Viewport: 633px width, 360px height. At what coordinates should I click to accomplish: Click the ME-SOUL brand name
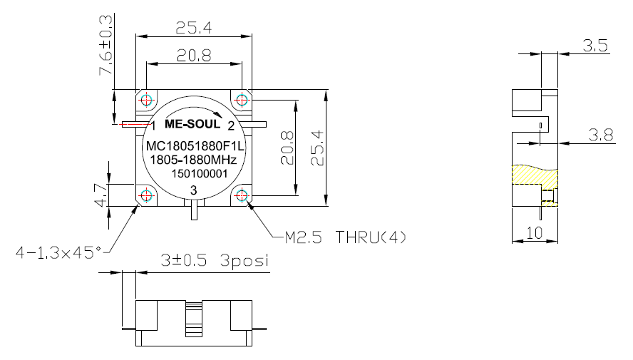pos(192,124)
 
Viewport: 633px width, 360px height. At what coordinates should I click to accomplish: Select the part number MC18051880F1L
pos(195,146)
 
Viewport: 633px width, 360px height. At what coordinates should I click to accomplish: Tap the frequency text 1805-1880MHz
pos(193,160)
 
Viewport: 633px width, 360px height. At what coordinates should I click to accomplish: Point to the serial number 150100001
pos(200,173)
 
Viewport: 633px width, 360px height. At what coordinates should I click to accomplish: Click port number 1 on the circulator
pos(153,126)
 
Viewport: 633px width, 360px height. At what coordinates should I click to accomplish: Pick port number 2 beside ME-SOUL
pos(231,126)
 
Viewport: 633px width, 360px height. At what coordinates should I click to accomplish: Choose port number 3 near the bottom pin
pos(193,190)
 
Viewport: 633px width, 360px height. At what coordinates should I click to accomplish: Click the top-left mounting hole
pos(146,100)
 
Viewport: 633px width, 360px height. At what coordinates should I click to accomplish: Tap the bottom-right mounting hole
pos(242,196)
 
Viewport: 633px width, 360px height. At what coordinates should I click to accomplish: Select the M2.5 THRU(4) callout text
pos(345,237)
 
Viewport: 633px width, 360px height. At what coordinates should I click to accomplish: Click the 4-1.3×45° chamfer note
pos(58,252)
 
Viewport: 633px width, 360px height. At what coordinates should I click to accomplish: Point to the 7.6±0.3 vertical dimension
pos(105,45)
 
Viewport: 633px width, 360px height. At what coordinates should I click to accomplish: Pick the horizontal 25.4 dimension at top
pos(194,28)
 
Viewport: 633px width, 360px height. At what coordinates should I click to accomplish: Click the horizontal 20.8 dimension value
pos(194,56)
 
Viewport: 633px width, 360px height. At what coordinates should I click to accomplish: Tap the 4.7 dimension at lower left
pos(101,195)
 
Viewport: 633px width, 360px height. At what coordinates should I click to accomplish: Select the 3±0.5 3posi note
pos(215,260)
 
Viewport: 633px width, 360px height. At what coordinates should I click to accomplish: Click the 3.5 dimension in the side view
pos(595,46)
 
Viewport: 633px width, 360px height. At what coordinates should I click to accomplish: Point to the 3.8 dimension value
pos(601,135)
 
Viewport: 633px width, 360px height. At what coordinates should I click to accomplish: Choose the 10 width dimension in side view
pos(535,233)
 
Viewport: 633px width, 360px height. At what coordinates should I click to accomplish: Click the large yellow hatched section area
pos(535,175)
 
